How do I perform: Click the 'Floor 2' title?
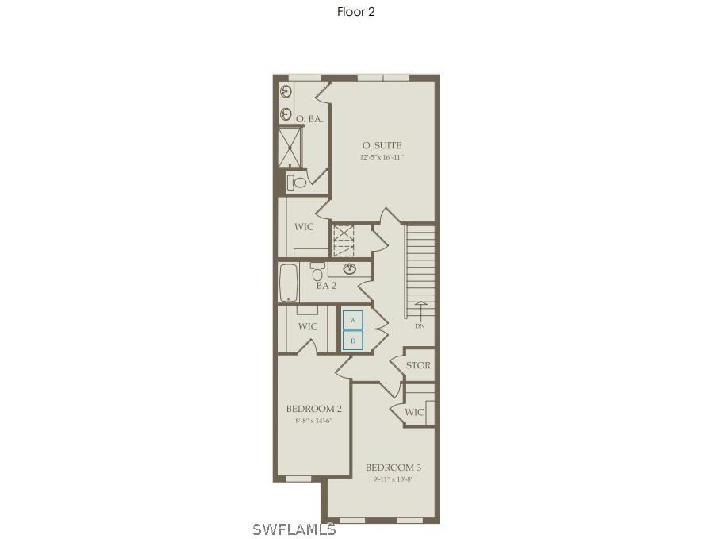[x=355, y=12]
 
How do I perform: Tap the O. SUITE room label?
[x=382, y=145]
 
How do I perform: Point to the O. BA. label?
[x=309, y=119]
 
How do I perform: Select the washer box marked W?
[x=353, y=320]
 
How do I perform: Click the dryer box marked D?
[x=353, y=341]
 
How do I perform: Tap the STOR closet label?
[x=418, y=365]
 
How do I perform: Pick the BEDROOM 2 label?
[x=313, y=409]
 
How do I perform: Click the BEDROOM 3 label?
[x=394, y=468]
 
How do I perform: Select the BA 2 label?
[x=326, y=286]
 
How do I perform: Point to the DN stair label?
[x=420, y=325]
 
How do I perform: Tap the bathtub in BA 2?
[x=288, y=283]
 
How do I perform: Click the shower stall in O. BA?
[x=290, y=148]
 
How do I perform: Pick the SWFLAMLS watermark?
[x=294, y=529]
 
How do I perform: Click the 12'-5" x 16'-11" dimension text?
[x=382, y=158]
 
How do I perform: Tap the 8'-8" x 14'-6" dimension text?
[x=313, y=421]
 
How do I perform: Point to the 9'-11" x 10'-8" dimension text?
[x=394, y=479]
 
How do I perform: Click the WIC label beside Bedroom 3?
[x=414, y=413]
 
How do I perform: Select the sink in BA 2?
[x=350, y=268]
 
